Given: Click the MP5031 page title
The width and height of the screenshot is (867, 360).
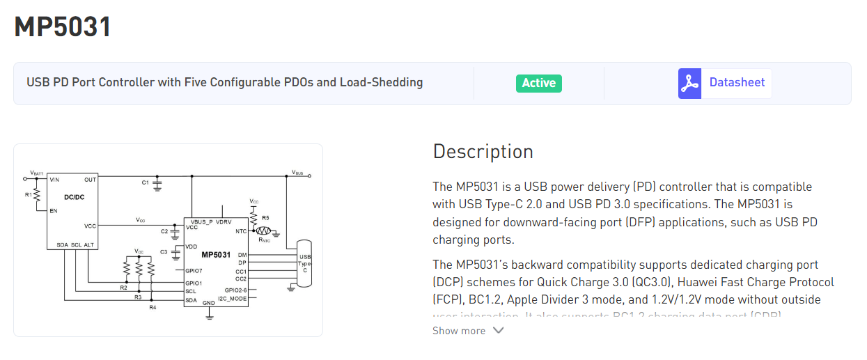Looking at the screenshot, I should [63, 27].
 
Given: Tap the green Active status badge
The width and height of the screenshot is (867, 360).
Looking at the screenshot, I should [538, 83].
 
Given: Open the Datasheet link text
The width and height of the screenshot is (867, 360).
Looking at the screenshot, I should [737, 82].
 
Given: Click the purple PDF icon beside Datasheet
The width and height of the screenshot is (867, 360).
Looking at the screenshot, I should [689, 83].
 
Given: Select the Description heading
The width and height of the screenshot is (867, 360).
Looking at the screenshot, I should [483, 151].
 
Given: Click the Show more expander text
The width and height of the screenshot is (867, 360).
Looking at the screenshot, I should [458, 331].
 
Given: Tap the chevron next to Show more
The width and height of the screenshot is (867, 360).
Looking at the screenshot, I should [498, 330].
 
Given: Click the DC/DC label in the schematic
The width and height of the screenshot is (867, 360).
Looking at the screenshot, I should [75, 197].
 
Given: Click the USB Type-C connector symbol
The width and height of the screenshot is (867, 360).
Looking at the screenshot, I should [304, 263].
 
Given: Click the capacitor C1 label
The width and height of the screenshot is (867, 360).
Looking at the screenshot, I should [145, 182].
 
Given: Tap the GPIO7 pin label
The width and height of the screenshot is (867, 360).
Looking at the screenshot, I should [194, 270].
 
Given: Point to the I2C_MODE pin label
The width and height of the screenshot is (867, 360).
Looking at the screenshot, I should [232, 298].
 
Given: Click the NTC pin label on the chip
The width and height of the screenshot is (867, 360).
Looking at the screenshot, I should [241, 230].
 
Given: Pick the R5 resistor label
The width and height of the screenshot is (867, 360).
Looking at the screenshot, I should [265, 218].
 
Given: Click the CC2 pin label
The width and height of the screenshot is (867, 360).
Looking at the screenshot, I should [241, 279].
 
